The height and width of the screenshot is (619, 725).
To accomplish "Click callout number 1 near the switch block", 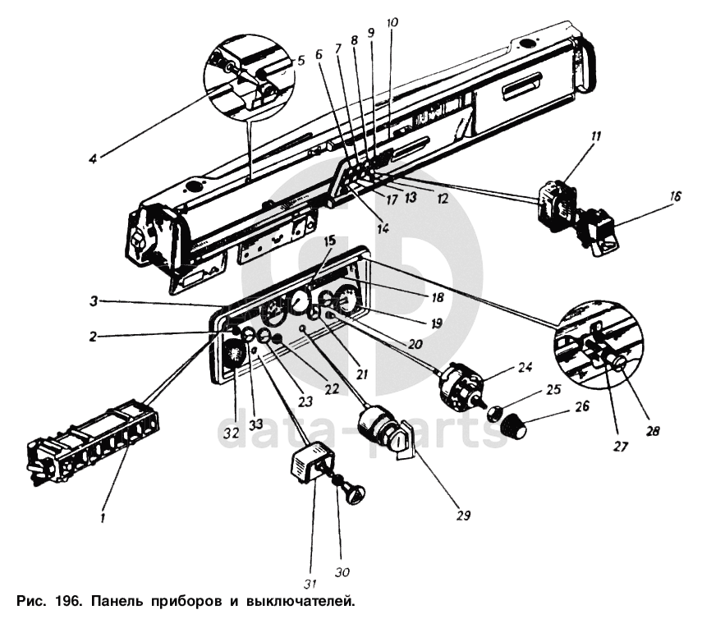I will click(103, 517).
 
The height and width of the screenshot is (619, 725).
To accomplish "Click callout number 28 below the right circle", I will click(655, 429).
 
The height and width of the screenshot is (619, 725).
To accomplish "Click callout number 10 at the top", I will click(392, 22).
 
